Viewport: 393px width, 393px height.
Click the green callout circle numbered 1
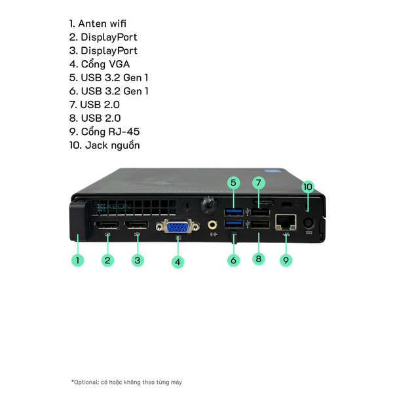[77, 260]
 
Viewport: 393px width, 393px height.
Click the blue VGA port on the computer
[177, 228]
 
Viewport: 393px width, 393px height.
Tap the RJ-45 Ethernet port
[285, 221]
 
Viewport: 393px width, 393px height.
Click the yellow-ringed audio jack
[213, 225]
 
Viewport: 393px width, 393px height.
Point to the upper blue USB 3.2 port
[234, 212]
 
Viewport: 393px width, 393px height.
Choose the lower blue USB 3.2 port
[234, 225]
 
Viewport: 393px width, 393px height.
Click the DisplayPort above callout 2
[106, 227]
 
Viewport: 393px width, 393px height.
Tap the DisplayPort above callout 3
[137, 227]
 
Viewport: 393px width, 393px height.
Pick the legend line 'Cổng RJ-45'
[104, 132]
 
